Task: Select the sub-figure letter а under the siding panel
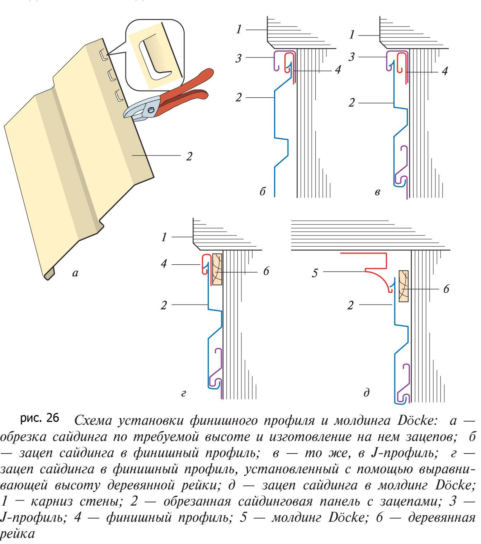[x=75, y=274]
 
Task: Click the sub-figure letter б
[x=263, y=192]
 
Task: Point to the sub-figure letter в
[x=377, y=192]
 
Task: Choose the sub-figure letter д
[x=367, y=393]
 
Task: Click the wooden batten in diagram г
[x=217, y=269]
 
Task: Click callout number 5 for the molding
[x=315, y=273]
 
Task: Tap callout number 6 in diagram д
[x=446, y=289]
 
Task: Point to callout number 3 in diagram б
[x=239, y=58]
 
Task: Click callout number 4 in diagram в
[x=444, y=71]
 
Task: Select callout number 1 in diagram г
[x=164, y=237]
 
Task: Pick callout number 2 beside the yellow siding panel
[x=189, y=156]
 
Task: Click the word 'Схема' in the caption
[x=94, y=420]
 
